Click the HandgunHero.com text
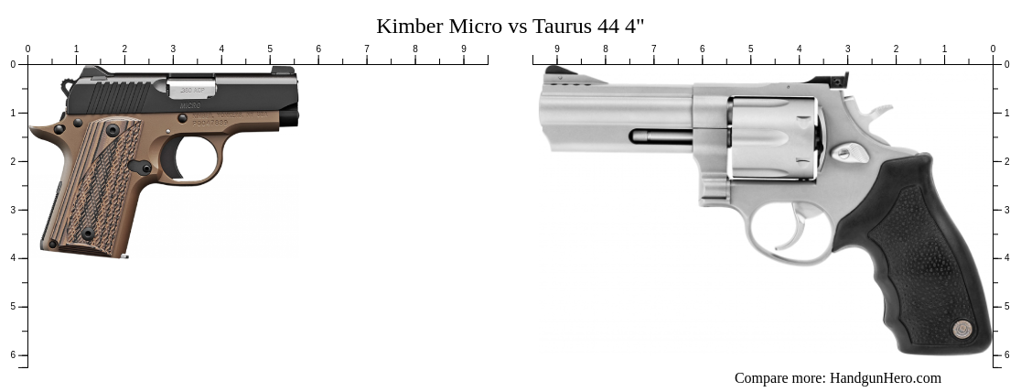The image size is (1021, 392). [x=885, y=378]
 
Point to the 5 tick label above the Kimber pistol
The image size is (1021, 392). [x=270, y=49]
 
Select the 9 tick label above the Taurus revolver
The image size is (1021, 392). [x=557, y=49]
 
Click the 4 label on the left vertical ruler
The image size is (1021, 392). [x=13, y=258]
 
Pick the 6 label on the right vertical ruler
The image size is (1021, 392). [x=1008, y=355]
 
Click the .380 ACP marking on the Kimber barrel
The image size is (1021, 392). [x=191, y=90]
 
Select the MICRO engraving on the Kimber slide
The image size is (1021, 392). [x=189, y=105]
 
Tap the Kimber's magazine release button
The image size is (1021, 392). [x=145, y=168]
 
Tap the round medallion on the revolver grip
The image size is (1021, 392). [x=962, y=329]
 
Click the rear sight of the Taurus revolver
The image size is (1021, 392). [x=840, y=80]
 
